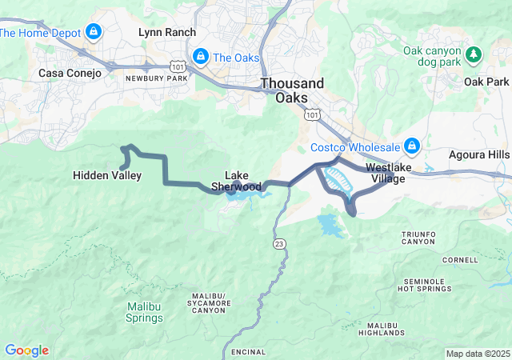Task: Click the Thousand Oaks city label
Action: (x=293, y=90)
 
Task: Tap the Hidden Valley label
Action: (x=107, y=175)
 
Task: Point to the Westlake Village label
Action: (x=386, y=173)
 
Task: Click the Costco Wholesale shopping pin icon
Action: (x=412, y=146)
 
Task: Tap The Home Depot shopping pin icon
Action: (x=94, y=33)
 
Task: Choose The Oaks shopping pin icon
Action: (x=201, y=57)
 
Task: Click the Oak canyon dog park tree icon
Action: (x=474, y=54)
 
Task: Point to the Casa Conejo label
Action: (x=70, y=73)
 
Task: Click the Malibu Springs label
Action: (x=145, y=312)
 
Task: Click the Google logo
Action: (x=26, y=350)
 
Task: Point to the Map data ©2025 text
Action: (x=477, y=354)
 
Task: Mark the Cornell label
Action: (x=459, y=260)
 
